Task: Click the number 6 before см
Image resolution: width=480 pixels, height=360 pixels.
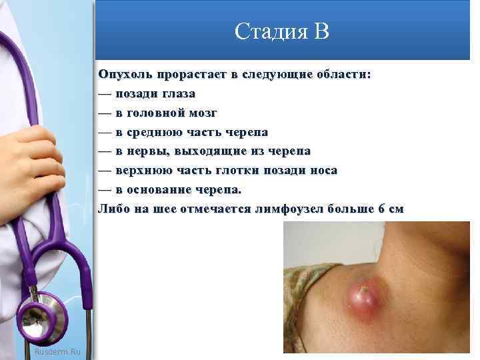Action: (381, 209)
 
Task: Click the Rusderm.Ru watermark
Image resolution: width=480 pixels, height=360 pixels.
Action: (56, 351)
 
